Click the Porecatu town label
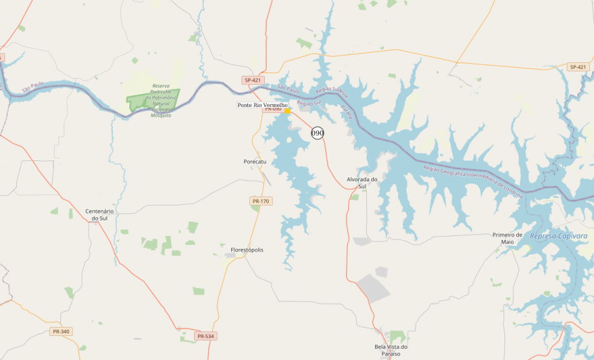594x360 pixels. [255, 162]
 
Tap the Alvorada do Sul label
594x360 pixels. [362, 183]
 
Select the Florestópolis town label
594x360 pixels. [247, 250]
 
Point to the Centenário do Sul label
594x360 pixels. [99, 215]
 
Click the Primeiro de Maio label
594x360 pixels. [507, 238]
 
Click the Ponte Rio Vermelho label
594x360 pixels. [262, 105]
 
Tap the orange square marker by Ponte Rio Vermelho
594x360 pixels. [288, 111]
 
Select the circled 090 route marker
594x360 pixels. [317, 133]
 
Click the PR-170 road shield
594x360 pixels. [260, 202]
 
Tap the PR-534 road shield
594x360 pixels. [205, 336]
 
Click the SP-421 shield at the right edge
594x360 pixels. [577, 67]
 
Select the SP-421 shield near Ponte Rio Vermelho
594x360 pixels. [253, 80]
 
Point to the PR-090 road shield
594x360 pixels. [272, 109]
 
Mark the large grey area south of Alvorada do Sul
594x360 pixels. [374, 287]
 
